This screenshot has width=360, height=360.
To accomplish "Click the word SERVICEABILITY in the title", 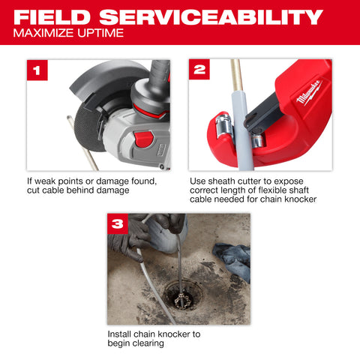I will click(223, 16).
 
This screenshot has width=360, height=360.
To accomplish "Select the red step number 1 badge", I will click(37, 71).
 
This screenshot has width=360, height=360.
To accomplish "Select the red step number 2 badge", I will click(199, 71).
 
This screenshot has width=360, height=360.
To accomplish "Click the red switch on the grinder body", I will click(143, 139).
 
